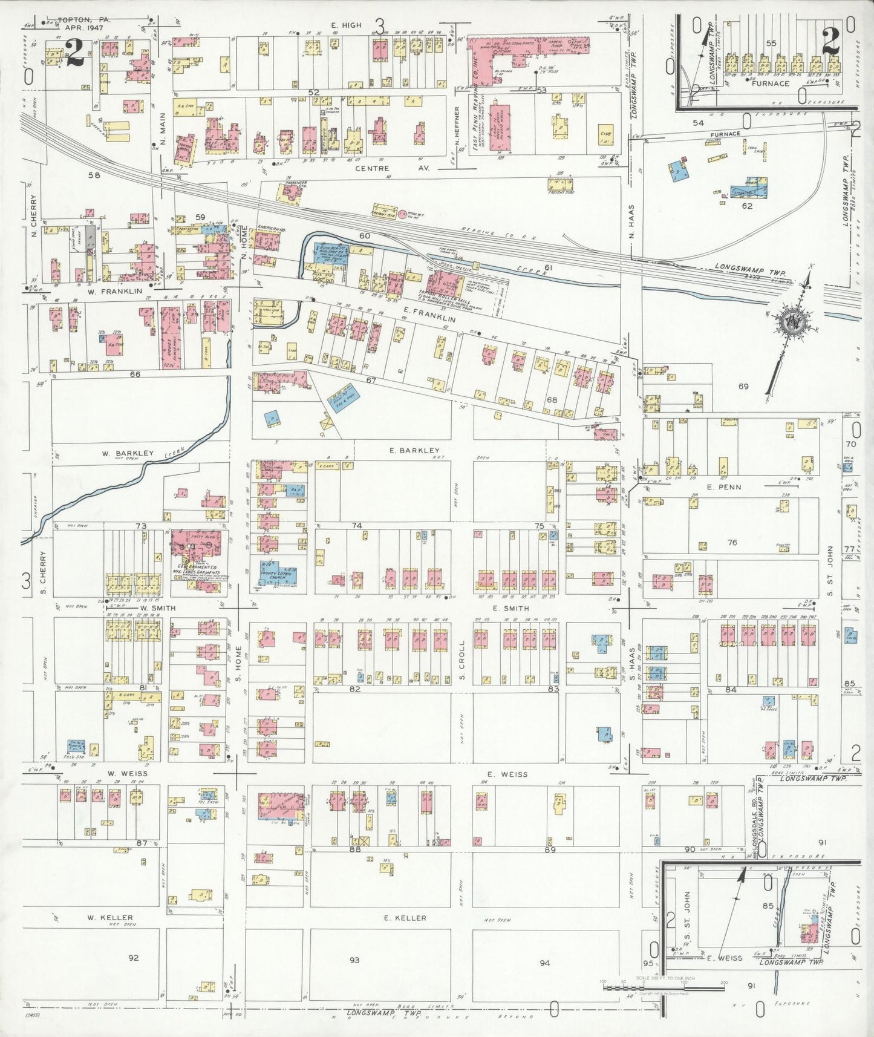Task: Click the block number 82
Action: click(x=355, y=689)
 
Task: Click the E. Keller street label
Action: click(x=405, y=918)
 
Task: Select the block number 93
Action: click(x=354, y=960)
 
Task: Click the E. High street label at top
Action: click(x=346, y=25)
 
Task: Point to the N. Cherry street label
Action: click(x=34, y=215)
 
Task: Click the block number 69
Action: click(x=743, y=385)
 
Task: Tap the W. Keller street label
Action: click(x=109, y=917)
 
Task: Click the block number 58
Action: click(x=93, y=175)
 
